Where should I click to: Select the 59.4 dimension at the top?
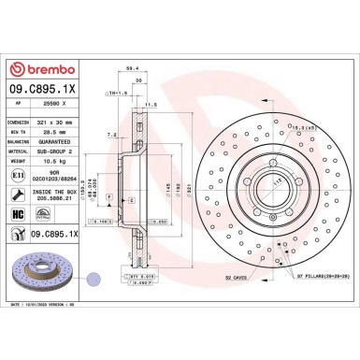[132, 68]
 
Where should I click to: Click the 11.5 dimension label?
[148, 106]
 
